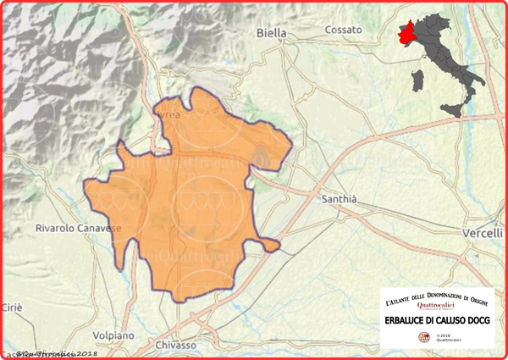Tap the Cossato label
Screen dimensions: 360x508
[343, 30]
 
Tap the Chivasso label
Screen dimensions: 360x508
[177, 346]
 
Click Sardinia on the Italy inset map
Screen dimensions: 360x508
[417, 83]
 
